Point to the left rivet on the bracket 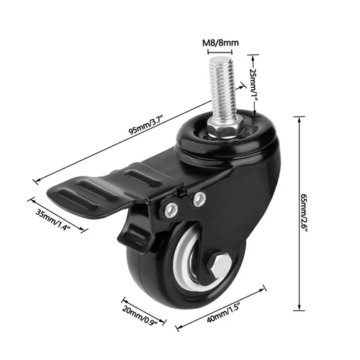pyautogui.click(x=173, y=210)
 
